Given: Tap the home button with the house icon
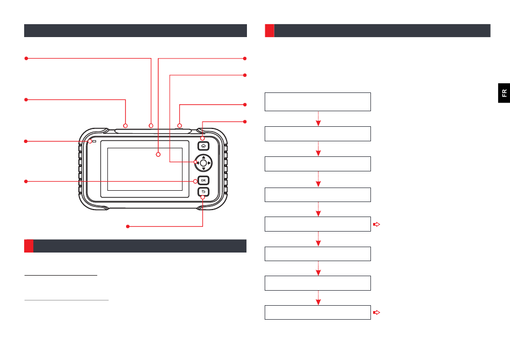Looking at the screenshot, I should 203,145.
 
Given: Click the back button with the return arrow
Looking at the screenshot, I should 203,192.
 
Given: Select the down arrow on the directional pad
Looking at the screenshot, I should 203,168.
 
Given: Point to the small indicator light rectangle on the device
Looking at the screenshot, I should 94,142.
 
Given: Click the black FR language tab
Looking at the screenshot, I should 504,93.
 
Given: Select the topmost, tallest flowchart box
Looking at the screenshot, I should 318,102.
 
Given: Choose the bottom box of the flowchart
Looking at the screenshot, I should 318,312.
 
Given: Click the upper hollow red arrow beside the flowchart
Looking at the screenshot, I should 376,224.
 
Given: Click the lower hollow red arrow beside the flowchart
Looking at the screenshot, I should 376,312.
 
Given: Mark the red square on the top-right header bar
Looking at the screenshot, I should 269,31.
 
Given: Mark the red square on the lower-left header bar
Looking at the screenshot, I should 28,246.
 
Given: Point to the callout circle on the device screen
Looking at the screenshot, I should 158,155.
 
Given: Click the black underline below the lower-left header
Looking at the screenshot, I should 61,276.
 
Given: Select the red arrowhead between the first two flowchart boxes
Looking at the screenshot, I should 318,123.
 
